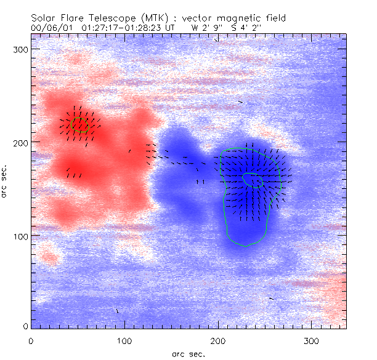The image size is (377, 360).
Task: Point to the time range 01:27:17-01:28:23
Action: pyautogui.click(x=117, y=28)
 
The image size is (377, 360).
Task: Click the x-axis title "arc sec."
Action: pyautogui.click(x=188, y=354)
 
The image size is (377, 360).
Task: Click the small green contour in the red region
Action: pyautogui.click(x=80, y=125)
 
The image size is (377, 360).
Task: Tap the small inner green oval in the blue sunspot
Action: pyautogui.click(x=253, y=180)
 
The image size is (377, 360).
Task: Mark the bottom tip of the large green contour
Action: pyautogui.click(x=245, y=246)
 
